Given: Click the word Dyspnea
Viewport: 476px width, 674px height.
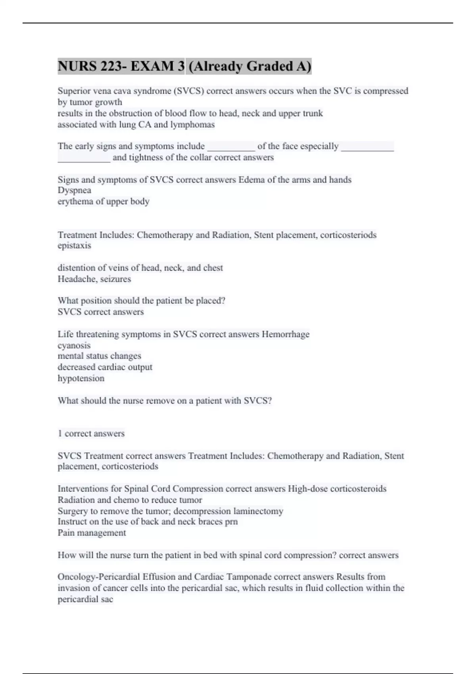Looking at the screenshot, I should pyautogui.click(x=74, y=190).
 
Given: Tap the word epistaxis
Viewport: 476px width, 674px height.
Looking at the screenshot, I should pyautogui.click(x=74, y=246).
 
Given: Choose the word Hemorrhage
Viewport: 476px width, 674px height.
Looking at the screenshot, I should pyautogui.click(x=286, y=334).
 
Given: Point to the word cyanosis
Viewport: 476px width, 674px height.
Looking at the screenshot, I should pyautogui.click(x=74, y=345).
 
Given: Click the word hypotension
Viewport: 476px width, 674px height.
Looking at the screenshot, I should pyautogui.click(x=81, y=378).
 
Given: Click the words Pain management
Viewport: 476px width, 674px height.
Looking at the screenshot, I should pyautogui.click(x=92, y=533).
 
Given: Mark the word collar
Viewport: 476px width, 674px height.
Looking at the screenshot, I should pyautogui.click(x=201, y=157).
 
